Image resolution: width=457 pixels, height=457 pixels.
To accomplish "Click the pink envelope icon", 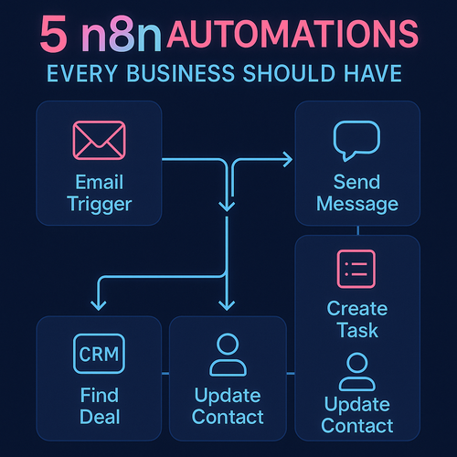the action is [x=100, y=141].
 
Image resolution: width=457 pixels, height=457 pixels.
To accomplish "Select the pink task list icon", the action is [x=356, y=269].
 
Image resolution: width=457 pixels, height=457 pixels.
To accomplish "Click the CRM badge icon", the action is [x=99, y=354].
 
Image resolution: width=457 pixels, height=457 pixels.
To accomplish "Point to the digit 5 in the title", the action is [x=54, y=34].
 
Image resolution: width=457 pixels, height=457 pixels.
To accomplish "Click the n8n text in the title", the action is [x=122, y=34].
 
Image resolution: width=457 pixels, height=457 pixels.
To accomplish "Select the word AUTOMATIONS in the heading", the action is [x=292, y=34].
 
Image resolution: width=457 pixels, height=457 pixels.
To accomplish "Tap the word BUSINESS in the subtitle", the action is [x=180, y=73].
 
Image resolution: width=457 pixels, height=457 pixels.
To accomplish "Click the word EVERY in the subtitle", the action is [x=82, y=73].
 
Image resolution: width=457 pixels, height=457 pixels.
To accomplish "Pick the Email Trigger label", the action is [x=100, y=193].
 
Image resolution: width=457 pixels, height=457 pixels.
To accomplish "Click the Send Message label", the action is [x=357, y=193].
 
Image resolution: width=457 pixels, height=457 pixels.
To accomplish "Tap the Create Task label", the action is [x=357, y=320].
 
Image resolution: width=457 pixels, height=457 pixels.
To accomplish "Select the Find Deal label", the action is [x=100, y=406].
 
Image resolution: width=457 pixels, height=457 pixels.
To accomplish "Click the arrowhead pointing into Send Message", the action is [x=288, y=159].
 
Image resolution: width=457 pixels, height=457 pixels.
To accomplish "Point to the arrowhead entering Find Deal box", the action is [x=99, y=305].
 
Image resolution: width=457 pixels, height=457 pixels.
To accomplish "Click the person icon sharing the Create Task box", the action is [x=357, y=372].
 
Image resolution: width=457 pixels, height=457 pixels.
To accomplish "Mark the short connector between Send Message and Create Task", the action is [x=357, y=230].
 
